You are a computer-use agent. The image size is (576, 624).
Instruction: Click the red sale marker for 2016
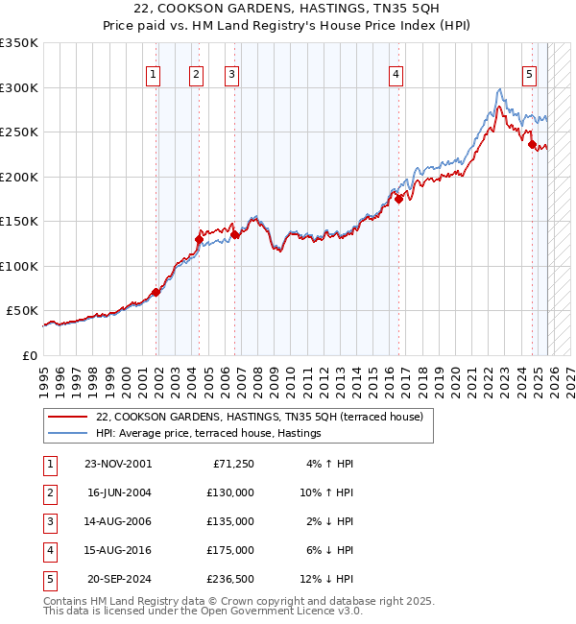pyautogui.click(x=398, y=200)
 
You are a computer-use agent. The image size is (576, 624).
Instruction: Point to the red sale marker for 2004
pyautogui.click(x=199, y=239)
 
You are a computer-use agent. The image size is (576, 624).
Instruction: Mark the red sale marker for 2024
pyautogui.click(x=532, y=145)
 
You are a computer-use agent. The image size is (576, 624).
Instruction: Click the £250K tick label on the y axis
pyautogui.click(x=19, y=132)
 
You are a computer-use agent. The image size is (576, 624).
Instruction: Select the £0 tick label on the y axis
pyautogui.click(x=29, y=355)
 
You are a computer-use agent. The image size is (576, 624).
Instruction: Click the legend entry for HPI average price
pyautogui.click(x=207, y=434)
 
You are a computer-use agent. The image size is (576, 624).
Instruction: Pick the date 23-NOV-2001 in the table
pyautogui.click(x=117, y=464)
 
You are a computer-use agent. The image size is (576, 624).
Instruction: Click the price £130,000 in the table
pyautogui.click(x=230, y=492)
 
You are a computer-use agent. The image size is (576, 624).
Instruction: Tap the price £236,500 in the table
pyautogui.click(x=230, y=579)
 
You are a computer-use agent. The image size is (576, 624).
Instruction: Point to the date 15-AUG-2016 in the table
pyautogui.click(x=117, y=550)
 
